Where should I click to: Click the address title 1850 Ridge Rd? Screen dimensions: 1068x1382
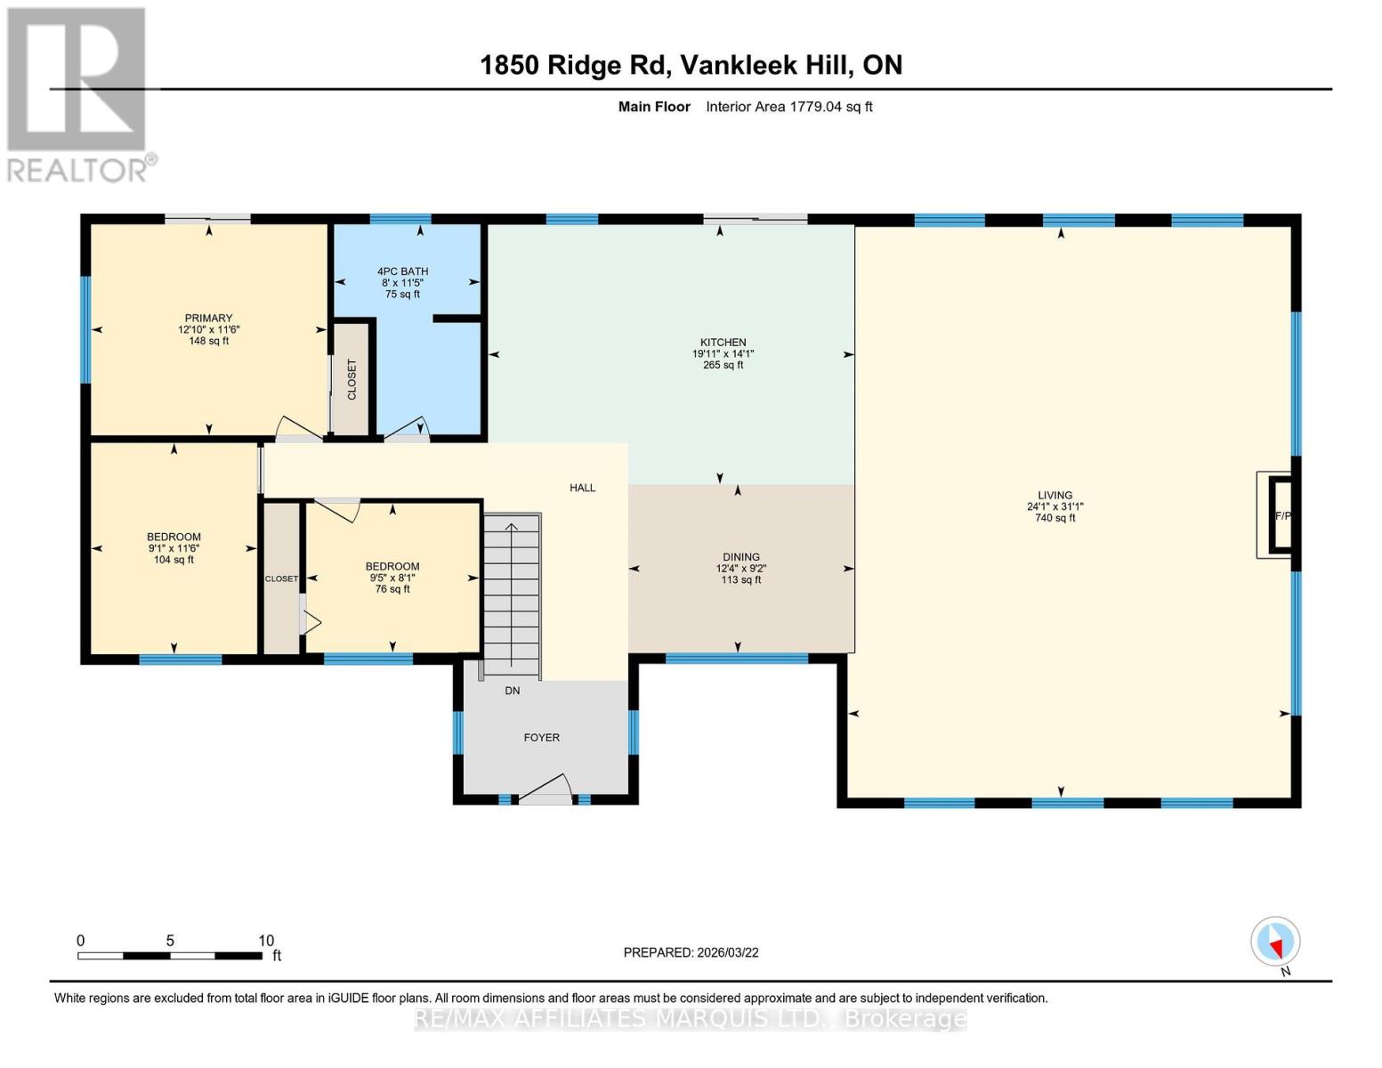click(691, 65)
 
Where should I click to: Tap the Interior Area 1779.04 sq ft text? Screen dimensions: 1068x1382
click(788, 107)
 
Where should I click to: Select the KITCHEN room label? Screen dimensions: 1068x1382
click(723, 343)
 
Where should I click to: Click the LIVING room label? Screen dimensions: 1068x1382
click(1055, 496)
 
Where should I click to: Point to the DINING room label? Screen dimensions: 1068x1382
click(740, 557)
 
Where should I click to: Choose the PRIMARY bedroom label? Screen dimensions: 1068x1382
click(208, 319)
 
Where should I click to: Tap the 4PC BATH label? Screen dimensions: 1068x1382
click(402, 271)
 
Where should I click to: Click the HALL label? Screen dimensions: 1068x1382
click(582, 488)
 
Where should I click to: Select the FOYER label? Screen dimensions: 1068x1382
click(541, 738)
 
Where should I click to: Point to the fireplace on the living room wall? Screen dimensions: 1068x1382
click(1280, 515)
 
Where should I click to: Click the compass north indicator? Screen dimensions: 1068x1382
click(1275, 942)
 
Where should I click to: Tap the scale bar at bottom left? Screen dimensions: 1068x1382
click(169, 956)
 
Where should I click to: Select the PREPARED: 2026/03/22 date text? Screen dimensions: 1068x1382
click(691, 952)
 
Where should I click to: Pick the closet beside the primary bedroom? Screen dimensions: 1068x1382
click(352, 380)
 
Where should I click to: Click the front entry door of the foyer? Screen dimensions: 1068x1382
click(546, 792)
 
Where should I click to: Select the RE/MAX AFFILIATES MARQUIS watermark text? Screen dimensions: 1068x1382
click(691, 1019)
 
